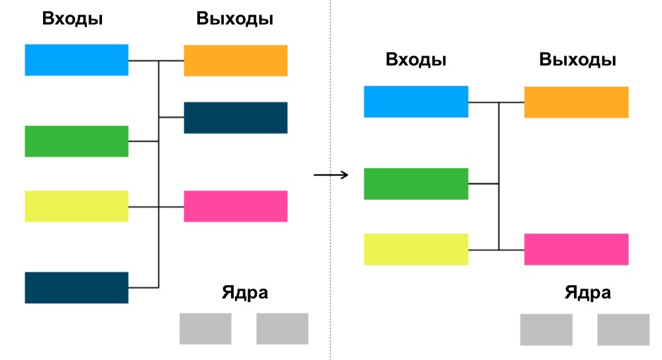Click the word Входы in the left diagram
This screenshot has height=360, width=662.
coord(72,19)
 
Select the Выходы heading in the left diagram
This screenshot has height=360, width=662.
coord(235,19)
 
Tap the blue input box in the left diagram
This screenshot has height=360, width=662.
coord(76,60)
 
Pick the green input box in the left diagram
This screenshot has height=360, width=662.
coord(76,141)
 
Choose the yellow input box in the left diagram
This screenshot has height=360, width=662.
coord(76,206)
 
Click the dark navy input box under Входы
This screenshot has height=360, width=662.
coord(76,287)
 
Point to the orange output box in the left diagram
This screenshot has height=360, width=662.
coord(235,60)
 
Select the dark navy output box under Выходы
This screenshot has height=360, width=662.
coord(235,118)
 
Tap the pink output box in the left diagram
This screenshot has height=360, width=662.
coord(235,206)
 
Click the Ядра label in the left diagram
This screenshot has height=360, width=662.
coord(245,292)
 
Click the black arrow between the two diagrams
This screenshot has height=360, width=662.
coord(330,175)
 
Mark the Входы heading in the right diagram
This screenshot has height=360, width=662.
coord(416,60)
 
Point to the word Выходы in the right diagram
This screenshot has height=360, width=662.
coord(578,60)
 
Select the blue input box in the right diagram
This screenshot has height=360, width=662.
coord(416,101)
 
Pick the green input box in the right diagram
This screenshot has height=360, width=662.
coord(416,183)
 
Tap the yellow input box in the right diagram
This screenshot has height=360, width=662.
coord(416,249)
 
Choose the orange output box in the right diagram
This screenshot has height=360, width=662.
coord(576,102)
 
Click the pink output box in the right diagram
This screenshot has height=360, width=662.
coord(576,249)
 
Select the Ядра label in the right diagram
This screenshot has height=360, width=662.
coord(588,293)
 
